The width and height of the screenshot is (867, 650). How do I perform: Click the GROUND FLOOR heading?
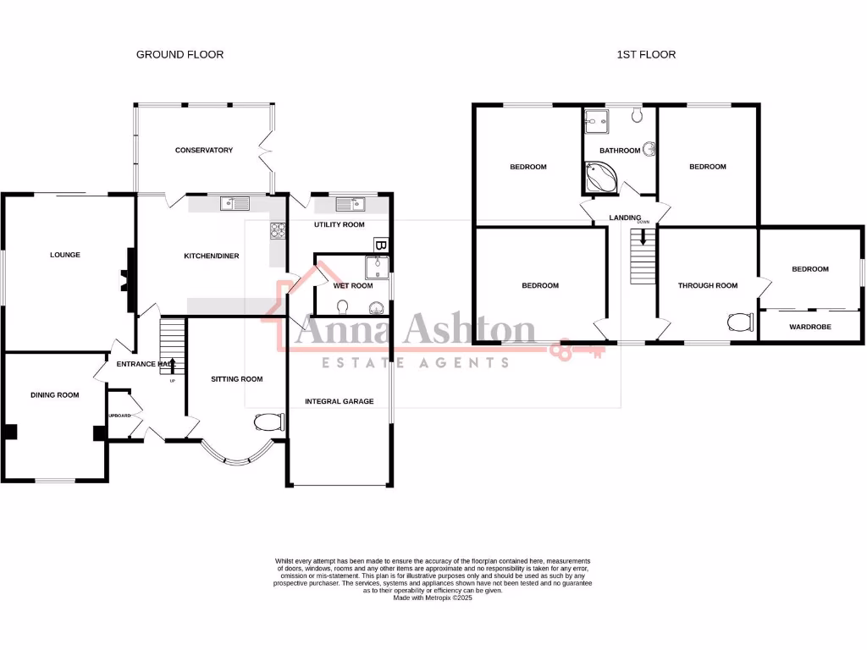coord(179,54)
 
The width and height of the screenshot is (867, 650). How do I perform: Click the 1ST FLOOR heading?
coord(646,54)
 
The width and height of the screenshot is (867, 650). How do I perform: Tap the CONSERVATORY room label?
coord(203,150)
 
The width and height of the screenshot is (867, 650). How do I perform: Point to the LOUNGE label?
coord(65,254)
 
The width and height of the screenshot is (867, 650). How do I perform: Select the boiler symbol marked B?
coord(380,245)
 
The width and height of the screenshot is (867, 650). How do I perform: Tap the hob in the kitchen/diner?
coord(277,230)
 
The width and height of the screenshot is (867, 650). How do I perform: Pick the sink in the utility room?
coord(348,203)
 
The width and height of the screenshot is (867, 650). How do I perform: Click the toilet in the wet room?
coord(342,307)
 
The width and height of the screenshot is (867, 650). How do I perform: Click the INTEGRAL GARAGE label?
coord(339,401)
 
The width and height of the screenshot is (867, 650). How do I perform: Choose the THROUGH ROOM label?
coord(707,285)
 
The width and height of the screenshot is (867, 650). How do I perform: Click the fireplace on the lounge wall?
coord(127,279)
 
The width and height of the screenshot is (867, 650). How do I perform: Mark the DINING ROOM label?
coord(54,394)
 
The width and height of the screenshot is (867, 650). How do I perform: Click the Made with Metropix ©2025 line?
coord(433,598)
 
